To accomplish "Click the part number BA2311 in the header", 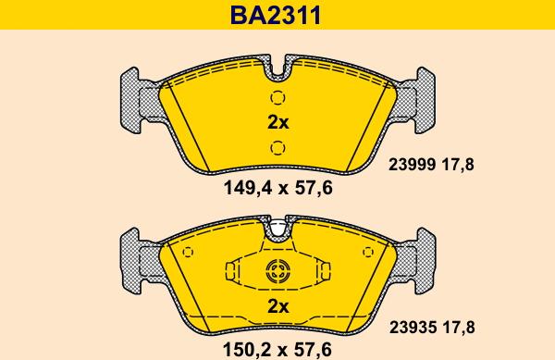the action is (276, 16).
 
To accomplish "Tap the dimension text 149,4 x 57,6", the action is (278, 188).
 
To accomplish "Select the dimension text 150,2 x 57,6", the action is (277, 350).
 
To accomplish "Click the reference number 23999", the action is (412, 165).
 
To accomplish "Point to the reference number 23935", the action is (413, 328).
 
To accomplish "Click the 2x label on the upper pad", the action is (278, 122).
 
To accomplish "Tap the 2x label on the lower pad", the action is (278, 306).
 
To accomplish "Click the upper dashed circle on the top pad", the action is (277, 98).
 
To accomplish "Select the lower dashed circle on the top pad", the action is (277, 148).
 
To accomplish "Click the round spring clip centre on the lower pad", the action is (277, 271).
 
